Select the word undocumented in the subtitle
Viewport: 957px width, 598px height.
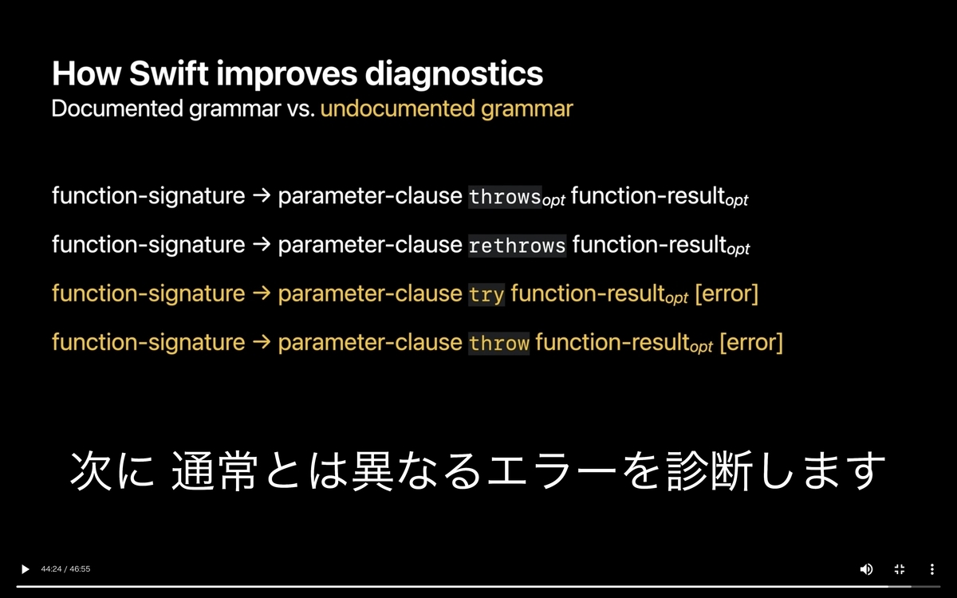[397, 108]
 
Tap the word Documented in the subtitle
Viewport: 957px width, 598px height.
[117, 108]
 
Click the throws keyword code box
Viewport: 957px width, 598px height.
[505, 197]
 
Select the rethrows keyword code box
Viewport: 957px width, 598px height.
[517, 246]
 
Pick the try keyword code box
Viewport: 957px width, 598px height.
[486, 295]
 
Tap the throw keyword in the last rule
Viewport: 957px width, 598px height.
[498, 344]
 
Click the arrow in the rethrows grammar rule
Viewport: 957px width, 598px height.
[262, 244]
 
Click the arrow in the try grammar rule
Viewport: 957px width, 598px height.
[262, 293]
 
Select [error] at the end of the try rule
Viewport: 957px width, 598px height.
[727, 294]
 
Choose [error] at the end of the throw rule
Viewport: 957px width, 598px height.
[751, 343]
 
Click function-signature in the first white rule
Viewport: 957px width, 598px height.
[148, 196]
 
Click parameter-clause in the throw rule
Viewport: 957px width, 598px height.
[370, 343]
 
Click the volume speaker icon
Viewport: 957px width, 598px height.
[866, 569]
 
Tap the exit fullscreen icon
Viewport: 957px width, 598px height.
[900, 569]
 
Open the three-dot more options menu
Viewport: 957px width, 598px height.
[932, 569]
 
